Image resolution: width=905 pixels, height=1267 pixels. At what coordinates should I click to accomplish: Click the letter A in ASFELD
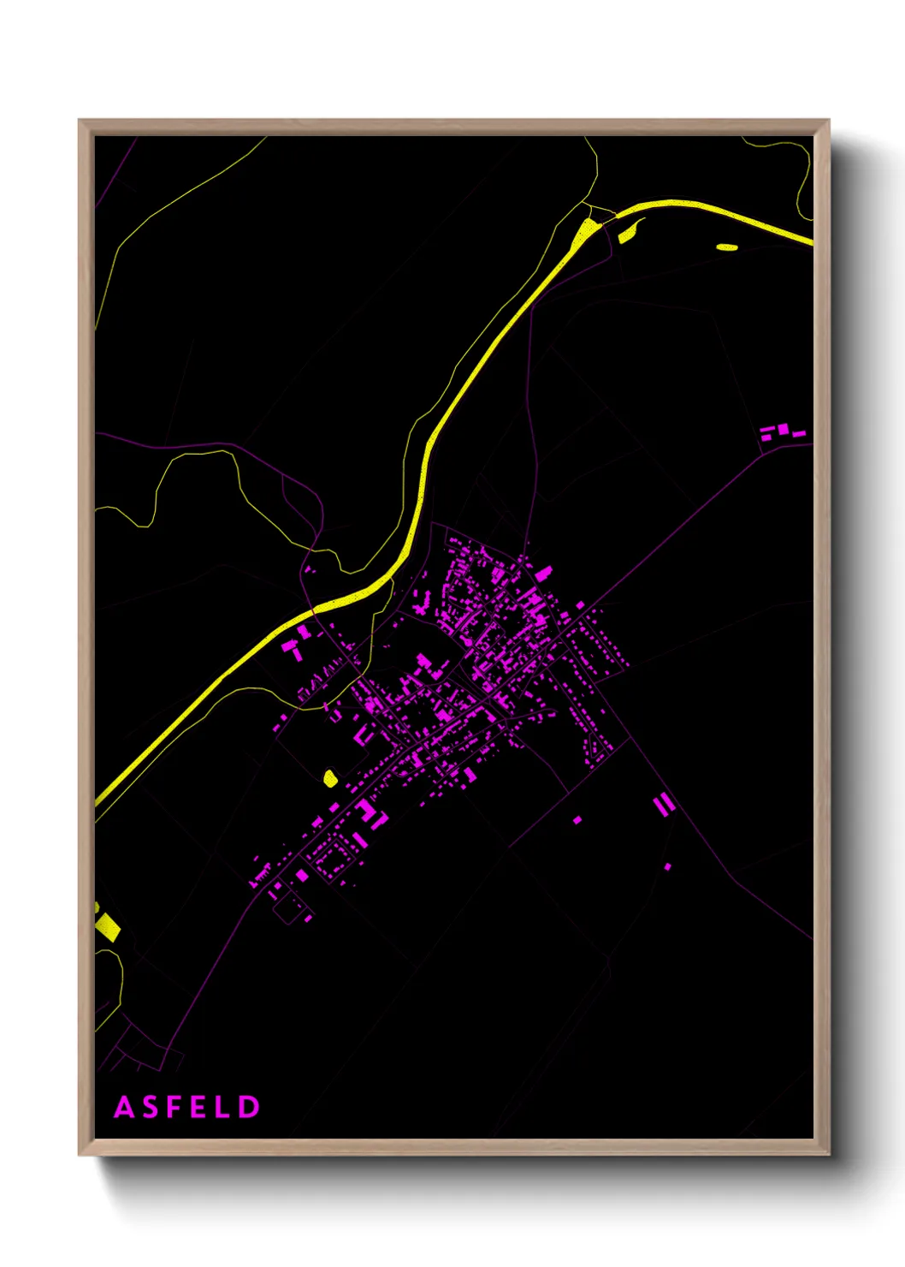pyautogui.click(x=124, y=1107)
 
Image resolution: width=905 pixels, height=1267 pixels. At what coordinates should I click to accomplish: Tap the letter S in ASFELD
pyautogui.click(x=150, y=1107)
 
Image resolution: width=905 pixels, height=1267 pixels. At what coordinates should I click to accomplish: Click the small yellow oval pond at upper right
pyautogui.click(x=727, y=247)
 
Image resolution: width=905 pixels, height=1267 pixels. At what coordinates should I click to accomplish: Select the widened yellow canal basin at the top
pyautogui.click(x=587, y=232)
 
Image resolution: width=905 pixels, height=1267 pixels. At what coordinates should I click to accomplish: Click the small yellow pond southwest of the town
pyautogui.click(x=330, y=777)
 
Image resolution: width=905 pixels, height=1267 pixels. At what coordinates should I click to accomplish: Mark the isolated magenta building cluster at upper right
pyautogui.click(x=781, y=431)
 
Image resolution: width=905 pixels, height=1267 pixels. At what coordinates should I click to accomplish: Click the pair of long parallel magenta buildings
pyautogui.click(x=664, y=803)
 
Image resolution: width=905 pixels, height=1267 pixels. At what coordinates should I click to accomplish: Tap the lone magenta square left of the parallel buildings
pyautogui.click(x=577, y=819)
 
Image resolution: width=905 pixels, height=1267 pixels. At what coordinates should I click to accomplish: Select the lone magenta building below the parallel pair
pyautogui.click(x=667, y=866)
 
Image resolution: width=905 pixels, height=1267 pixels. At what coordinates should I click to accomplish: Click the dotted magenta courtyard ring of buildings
pyautogui.click(x=330, y=856)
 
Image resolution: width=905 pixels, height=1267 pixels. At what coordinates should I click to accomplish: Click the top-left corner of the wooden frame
pyautogui.click(x=80, y=121)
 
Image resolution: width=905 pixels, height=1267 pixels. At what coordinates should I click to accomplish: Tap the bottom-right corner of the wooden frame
pyautogui.click(x=828, y=1153)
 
